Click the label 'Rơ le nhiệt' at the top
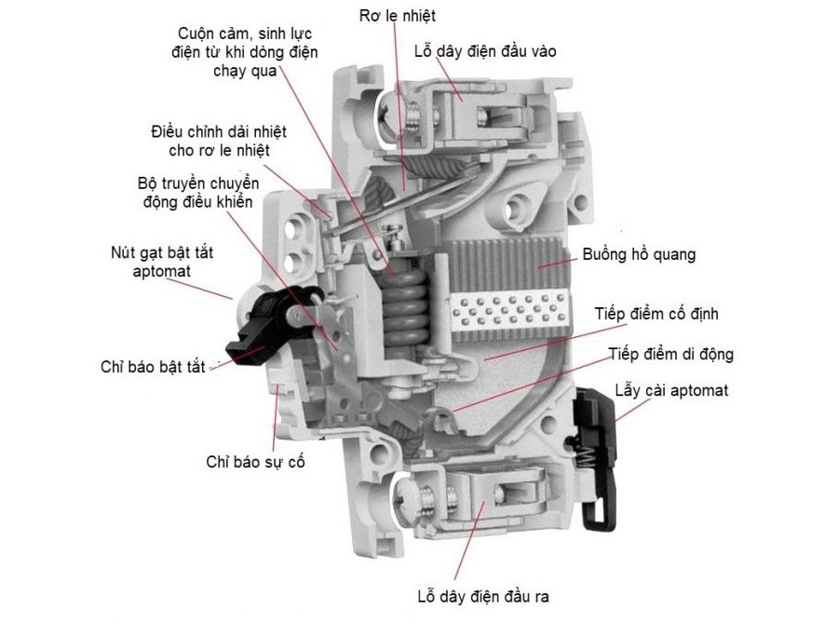397,16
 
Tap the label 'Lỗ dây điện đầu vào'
485,50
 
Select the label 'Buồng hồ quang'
640,253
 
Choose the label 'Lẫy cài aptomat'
671,389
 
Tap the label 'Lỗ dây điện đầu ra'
485,596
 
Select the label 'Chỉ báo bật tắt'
153,367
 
